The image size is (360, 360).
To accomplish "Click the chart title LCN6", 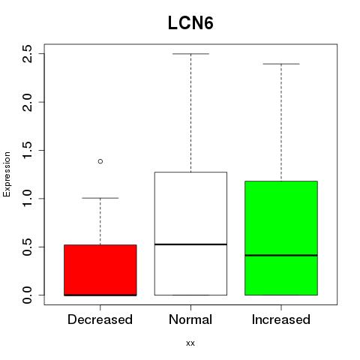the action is point(190,23).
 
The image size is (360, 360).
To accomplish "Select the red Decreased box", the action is point(100,270).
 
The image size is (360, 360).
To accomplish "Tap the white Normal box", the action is point(190,233).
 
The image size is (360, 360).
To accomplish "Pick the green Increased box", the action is point(281,238).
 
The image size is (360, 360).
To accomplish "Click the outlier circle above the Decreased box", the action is point(100,161).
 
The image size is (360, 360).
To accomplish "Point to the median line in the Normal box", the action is point(190,244).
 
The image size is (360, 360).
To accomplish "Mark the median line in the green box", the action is point(281,255).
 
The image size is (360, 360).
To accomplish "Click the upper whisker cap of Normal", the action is point(190,54).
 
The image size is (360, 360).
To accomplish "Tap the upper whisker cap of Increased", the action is point(281,64).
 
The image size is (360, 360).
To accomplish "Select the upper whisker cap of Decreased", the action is point(100,198).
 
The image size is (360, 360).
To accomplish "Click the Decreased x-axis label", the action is point(100,319).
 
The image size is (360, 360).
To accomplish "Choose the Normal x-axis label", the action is point(190,319).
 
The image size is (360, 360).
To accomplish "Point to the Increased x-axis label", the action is point(281,319).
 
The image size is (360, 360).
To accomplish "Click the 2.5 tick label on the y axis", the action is point(27,54).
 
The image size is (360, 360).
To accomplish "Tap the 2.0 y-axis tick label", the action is point(27,102).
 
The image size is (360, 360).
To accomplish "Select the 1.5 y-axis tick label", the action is point(27,150).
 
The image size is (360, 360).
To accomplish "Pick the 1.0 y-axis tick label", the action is point(27,199).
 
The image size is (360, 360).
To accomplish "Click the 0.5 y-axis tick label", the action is point(27,247).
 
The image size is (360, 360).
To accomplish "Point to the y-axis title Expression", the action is point(7,174).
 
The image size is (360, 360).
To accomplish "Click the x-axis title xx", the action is point(190,343).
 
